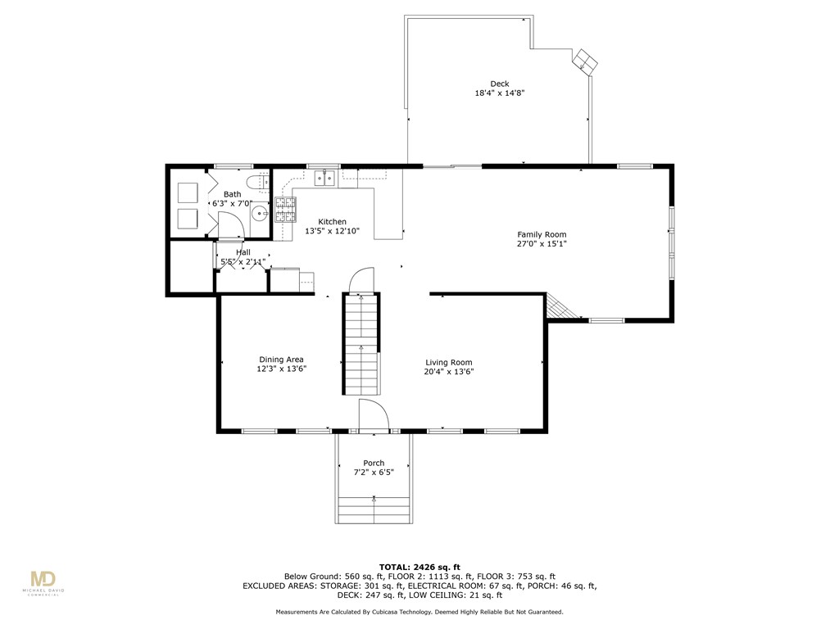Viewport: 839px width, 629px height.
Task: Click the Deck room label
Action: click(499, 84)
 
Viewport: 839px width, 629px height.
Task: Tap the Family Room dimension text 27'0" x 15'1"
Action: click(542, 244)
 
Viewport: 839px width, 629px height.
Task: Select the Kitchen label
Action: click(332, 222)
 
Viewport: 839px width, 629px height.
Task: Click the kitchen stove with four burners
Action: click(284, 210)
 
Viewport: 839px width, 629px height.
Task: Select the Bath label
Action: click(232, 194)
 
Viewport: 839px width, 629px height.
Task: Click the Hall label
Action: click(243, 252)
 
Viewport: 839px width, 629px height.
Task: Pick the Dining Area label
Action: click(281, 360)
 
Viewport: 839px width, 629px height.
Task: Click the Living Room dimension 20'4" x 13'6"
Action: click(449, 372)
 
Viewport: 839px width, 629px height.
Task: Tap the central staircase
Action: click(361, 344)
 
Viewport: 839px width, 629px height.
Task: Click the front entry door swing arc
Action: click(373, 414)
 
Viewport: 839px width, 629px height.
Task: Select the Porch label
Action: click(374, 463)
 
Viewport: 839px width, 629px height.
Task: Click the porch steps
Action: click(374, 510)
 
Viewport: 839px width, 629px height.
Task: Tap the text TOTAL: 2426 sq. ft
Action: click(419, 567)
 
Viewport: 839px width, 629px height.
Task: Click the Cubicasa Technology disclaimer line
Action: click(419, 612)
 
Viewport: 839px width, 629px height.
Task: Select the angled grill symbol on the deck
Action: click(585, 61)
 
